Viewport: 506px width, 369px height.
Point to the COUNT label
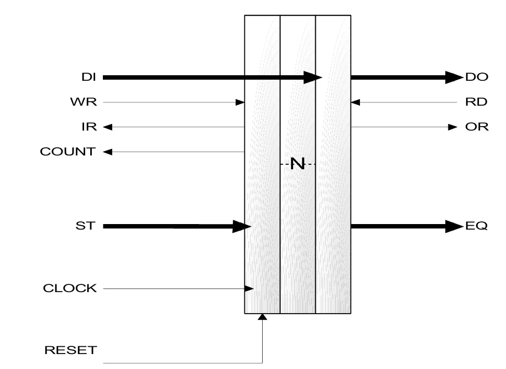[x=67, y=152]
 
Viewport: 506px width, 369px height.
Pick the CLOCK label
[x=70, y=288]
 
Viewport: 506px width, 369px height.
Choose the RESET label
[x=70, y=350]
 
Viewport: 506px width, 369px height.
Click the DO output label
[x=476, y=77]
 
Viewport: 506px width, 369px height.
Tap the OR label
[x=477, y=127]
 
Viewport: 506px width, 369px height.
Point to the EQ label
[x=476, y=226]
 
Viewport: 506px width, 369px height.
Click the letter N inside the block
[x=298, y=164]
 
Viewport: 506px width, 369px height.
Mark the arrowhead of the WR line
[x=241, y=102]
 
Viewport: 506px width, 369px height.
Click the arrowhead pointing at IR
[x=107, y=127]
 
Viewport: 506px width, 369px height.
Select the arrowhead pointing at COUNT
[x=107, y=152]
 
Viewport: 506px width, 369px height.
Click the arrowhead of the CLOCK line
[x=249, y=288]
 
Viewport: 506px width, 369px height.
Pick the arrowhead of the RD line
[x=356, y=102]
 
